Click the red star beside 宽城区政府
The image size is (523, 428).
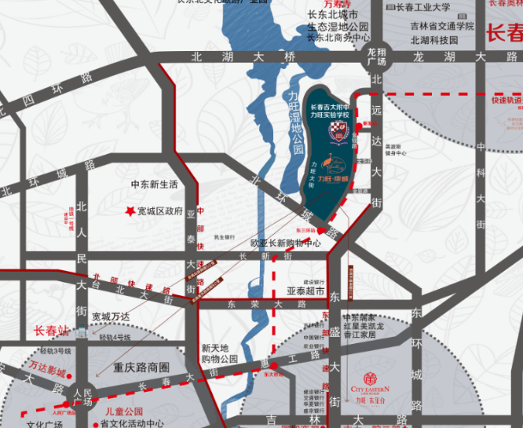tap(129, 211)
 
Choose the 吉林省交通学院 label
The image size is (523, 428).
tap(441, 26)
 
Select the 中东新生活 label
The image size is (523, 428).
tap(155, 185)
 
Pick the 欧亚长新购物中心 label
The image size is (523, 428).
tap(286, 243)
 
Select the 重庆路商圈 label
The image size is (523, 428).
tap(141, 368)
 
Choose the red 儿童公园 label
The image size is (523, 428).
tap(124, 412)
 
